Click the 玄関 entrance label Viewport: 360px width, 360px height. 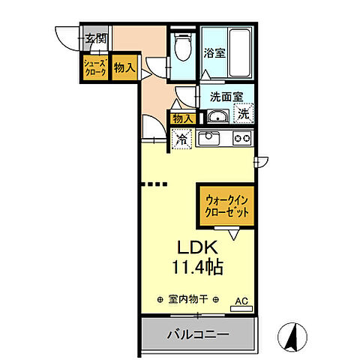click(94, 39)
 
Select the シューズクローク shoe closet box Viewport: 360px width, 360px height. click(95, 67)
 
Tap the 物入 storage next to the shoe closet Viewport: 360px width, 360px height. click(124, 67)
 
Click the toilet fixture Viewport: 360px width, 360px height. click(181, 49)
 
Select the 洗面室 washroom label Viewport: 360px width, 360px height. click(223, 96)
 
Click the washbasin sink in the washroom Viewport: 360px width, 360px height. click(218, 115)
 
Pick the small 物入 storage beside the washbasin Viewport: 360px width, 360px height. click(183, 118)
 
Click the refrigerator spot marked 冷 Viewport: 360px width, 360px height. click(181, 138)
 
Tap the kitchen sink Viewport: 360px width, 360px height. click(208, 139)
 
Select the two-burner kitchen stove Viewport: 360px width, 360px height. click(241, 138)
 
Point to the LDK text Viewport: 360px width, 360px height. click(196, 247)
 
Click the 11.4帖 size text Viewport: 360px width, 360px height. click(196, 266)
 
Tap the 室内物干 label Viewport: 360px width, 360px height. click(189, 299)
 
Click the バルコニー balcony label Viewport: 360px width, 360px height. click(197, 334)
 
